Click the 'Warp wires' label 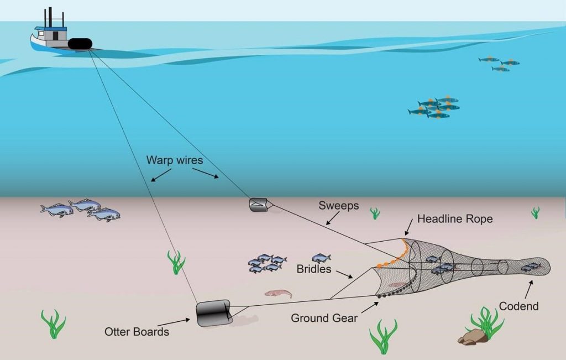click(174, 160)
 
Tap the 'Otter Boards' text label click(137, 332)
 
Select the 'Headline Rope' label click(454, 219)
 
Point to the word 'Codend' click(518, 306)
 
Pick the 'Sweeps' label click(338, 206)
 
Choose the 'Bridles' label click(313, 269)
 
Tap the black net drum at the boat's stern click(80, 44)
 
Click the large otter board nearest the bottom click(213, 313)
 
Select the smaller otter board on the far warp click(258, 205)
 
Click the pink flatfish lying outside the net click(278, 293)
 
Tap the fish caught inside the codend click(531, 267)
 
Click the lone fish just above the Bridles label click(321, 258)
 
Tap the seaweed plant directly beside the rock click(487, 322)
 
